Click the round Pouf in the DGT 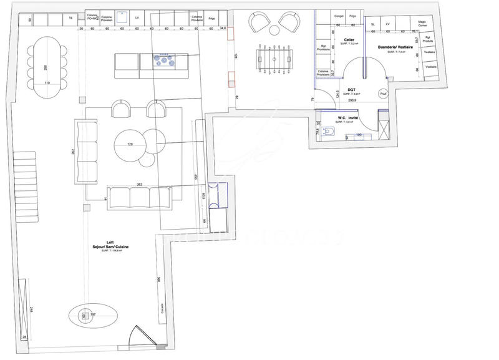[x=383, y=93]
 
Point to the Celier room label [x=349, y=40]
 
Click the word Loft [x=110, y=242]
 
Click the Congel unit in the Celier [x=339, y=15]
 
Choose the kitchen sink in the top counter [x=121, y=19]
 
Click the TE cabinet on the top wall [x=70, y=19]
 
